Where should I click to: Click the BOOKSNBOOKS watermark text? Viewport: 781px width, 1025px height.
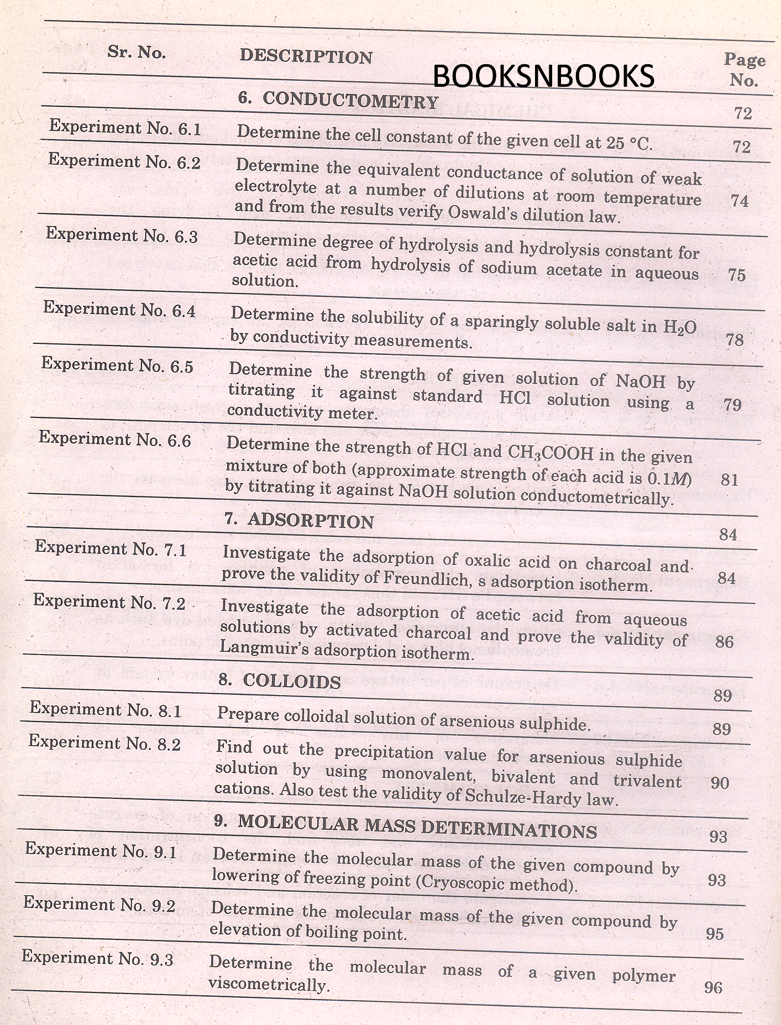[543, 76]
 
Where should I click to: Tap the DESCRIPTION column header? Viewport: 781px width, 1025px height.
[306, 56]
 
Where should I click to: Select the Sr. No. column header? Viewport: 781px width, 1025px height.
[137, 53]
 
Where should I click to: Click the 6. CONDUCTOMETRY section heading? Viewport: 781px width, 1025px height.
[338, 100]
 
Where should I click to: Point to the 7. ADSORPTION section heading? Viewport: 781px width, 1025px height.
[300, 521]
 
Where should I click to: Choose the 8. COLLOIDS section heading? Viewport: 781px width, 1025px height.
[280, 681]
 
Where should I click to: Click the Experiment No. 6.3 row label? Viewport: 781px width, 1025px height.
[122, 235]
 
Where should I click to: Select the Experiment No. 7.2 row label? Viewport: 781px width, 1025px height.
[109, 602]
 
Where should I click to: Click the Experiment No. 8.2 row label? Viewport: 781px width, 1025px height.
[105, 743]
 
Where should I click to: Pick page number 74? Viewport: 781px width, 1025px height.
[740, 201]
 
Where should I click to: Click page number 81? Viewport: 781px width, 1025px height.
[730, 479]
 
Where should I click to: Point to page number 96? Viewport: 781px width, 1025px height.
[714, 987]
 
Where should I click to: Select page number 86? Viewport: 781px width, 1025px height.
[724, 641]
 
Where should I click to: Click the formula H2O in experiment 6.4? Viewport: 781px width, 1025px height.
[680, 327]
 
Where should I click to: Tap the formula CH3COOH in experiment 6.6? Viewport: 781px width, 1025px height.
[550, 454]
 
